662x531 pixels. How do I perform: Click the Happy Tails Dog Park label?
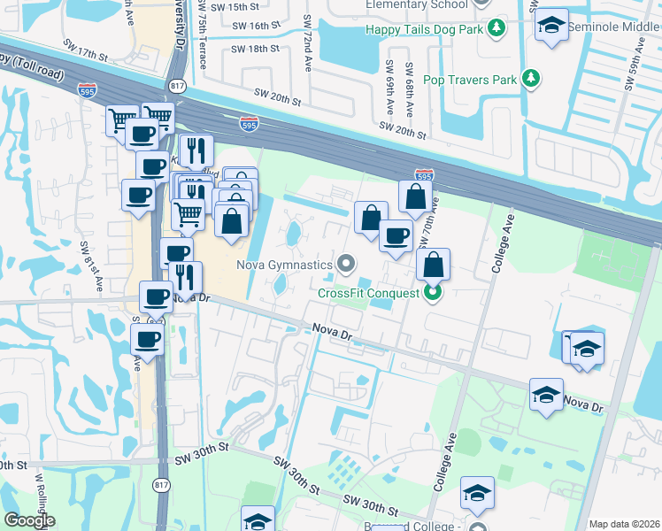[x=424, y=29]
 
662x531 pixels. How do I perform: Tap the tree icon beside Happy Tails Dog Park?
[x=496, y=28]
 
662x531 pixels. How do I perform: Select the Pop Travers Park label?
[x=469, y=80]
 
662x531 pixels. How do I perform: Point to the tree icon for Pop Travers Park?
[x=531, y=79]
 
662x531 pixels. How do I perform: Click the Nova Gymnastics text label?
[x=284, y=264]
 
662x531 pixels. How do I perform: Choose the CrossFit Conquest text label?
[x=369, y=293]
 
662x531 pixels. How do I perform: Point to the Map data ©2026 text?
[x=623, y=524]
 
